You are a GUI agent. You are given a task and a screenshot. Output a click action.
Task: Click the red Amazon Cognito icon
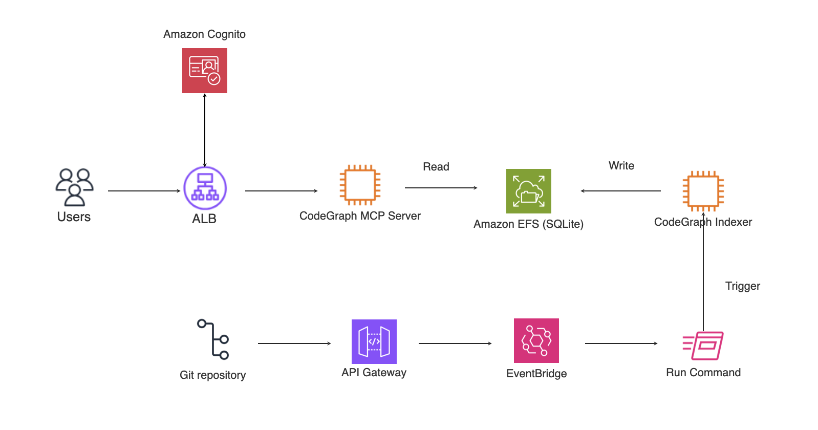point(205,71)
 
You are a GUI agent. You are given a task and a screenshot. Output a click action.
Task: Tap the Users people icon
point(75,187)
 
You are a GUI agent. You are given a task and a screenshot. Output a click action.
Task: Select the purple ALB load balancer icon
point(205,188)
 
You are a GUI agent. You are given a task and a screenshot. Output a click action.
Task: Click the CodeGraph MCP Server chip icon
point(360,185)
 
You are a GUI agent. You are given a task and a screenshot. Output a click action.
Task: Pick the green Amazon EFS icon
point(528,191)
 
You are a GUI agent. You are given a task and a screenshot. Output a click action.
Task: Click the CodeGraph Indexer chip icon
point(703,191)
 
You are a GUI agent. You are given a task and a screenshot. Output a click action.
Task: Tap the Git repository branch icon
point(213,339)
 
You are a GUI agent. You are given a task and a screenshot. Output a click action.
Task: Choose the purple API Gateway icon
point(374,341)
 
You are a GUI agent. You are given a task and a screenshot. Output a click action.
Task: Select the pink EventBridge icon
point(536,340)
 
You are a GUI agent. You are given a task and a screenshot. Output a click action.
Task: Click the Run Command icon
point(703,346)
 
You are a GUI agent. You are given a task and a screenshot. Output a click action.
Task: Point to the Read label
point(436,166)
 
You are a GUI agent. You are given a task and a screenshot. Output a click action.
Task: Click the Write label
point(621,165)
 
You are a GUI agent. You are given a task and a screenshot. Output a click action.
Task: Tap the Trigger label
point(742,286)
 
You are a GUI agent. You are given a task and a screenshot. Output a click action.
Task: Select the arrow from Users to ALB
point(144,191)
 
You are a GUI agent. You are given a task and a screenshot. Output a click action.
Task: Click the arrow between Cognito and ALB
point(205,131)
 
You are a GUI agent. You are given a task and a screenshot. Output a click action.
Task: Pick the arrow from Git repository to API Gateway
point(294,343)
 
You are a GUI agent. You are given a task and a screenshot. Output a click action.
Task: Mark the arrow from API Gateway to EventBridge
point(455,343)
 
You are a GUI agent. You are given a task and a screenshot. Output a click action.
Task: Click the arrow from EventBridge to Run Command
point(621,343)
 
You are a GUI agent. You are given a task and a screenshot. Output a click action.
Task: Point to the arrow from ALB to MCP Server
point(281,191)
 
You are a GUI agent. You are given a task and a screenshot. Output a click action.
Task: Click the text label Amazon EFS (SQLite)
point(528,224)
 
